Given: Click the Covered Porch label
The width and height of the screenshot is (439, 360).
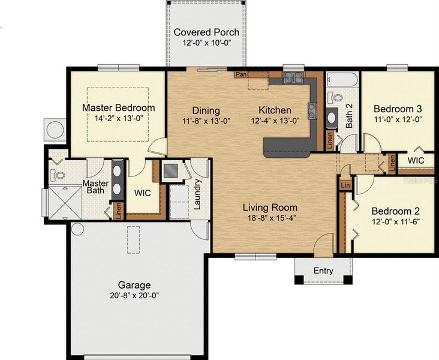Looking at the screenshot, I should (206, 32).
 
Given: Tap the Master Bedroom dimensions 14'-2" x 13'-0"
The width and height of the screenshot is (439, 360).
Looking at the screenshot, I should (118, 119).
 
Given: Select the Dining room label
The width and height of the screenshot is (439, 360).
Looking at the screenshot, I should (206, 110).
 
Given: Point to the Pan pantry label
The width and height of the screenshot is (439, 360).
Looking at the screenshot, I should (241, 74).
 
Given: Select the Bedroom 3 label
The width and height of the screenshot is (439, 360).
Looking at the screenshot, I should (398, 109).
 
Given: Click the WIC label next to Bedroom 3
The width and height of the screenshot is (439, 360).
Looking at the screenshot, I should (416, 161).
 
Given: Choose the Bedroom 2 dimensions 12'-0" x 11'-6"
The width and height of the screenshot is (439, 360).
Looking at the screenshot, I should (395, 222).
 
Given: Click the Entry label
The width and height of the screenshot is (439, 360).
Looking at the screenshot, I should (323, 271).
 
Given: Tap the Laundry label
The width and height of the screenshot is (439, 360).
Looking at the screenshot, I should (197, 194).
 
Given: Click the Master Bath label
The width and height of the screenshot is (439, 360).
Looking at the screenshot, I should (95, 187).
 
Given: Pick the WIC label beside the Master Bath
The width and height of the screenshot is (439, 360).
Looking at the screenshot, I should (142, 194).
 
